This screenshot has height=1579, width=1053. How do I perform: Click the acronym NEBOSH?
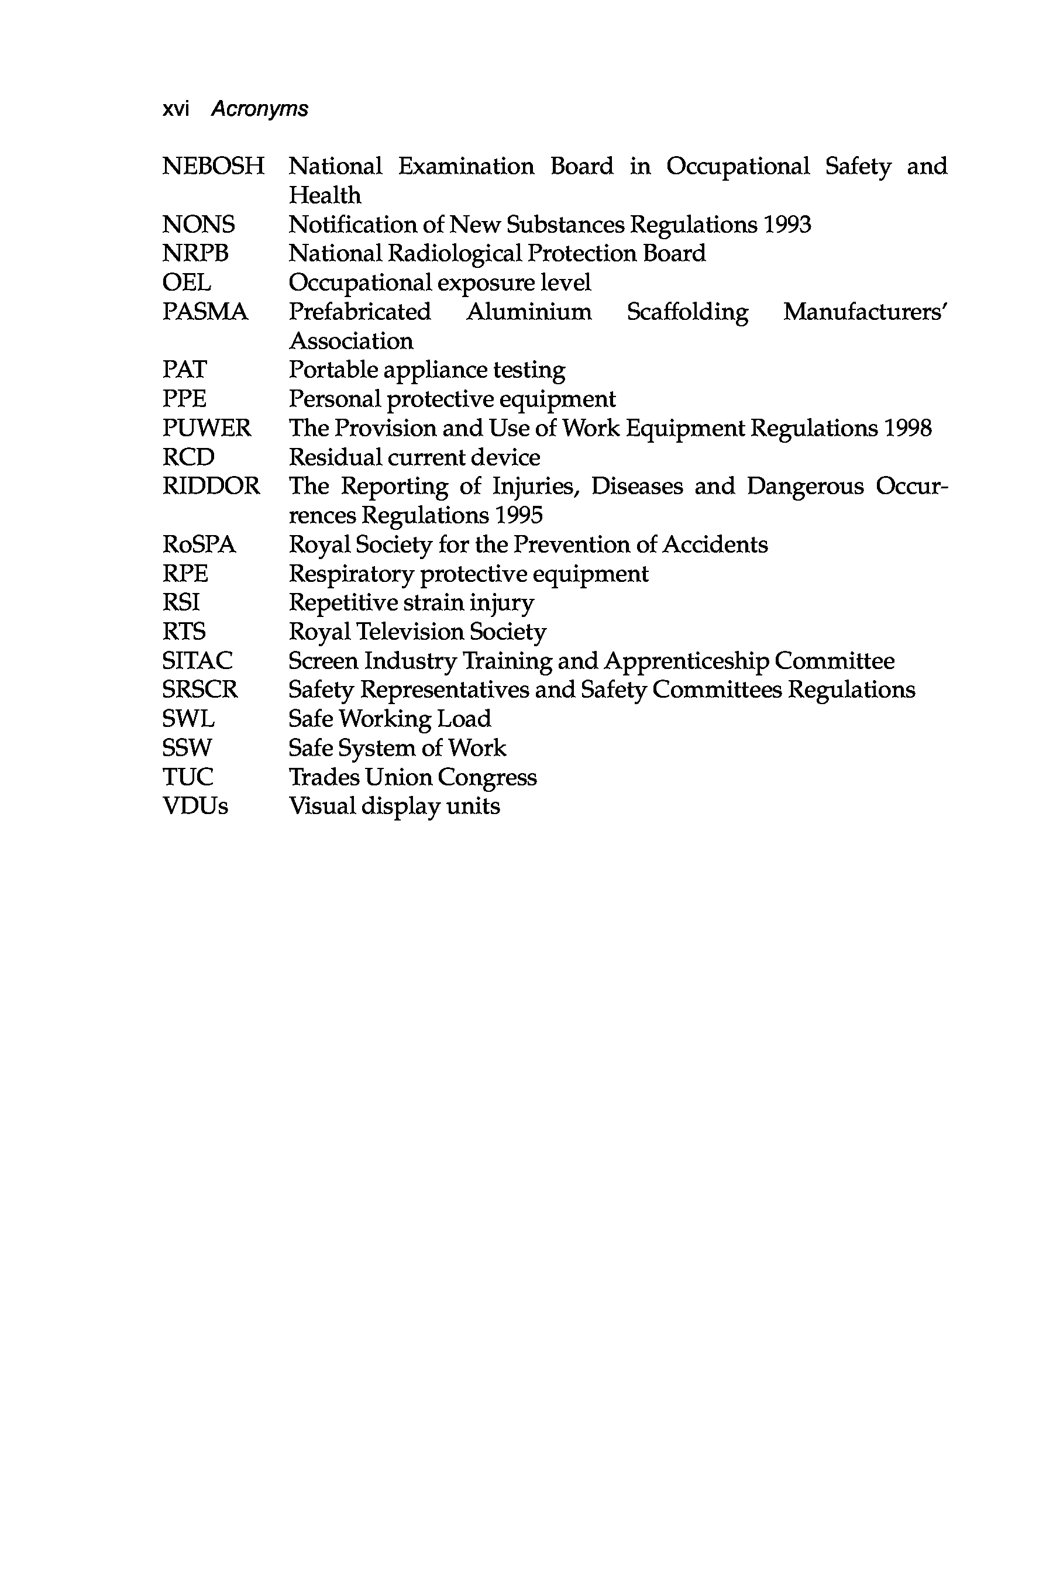(214, 167)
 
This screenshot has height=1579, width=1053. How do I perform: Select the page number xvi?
(176, 109)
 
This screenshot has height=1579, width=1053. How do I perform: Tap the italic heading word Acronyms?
(260, 109)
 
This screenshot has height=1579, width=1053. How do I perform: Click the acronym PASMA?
(205, 312)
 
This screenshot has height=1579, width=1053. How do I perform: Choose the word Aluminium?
(529, 312)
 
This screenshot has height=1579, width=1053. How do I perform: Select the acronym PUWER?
(207, 428)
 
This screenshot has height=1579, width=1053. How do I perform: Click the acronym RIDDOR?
(211, 486)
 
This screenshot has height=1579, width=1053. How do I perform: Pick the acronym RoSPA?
(199, 544)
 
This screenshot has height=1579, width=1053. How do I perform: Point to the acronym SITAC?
(198, 661)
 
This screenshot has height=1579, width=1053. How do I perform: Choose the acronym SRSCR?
(200, 690)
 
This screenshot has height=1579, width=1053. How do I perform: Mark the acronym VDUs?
(195, 806)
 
